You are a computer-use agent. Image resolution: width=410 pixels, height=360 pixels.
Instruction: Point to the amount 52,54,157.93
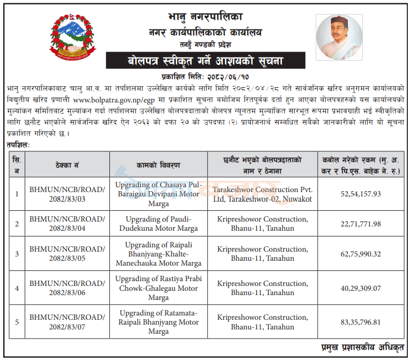360,193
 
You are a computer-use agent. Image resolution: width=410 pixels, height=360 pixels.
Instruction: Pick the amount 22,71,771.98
360,224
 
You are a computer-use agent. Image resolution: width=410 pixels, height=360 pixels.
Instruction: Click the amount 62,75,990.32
360,254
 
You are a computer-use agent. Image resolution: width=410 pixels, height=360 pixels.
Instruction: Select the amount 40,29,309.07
360,288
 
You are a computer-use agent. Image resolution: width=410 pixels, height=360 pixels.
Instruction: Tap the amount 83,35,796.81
360,322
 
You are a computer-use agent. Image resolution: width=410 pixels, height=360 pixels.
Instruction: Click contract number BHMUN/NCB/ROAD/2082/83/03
67,194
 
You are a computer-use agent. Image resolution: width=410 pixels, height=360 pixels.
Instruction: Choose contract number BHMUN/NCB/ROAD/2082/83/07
67,322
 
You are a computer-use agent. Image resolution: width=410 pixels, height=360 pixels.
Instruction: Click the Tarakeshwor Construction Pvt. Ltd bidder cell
262,194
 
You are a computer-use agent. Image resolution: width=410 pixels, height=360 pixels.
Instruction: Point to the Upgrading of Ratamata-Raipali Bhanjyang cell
159,322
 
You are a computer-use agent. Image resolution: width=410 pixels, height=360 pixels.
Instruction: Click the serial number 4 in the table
17,288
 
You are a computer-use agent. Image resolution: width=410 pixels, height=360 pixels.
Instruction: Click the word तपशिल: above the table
19,144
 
